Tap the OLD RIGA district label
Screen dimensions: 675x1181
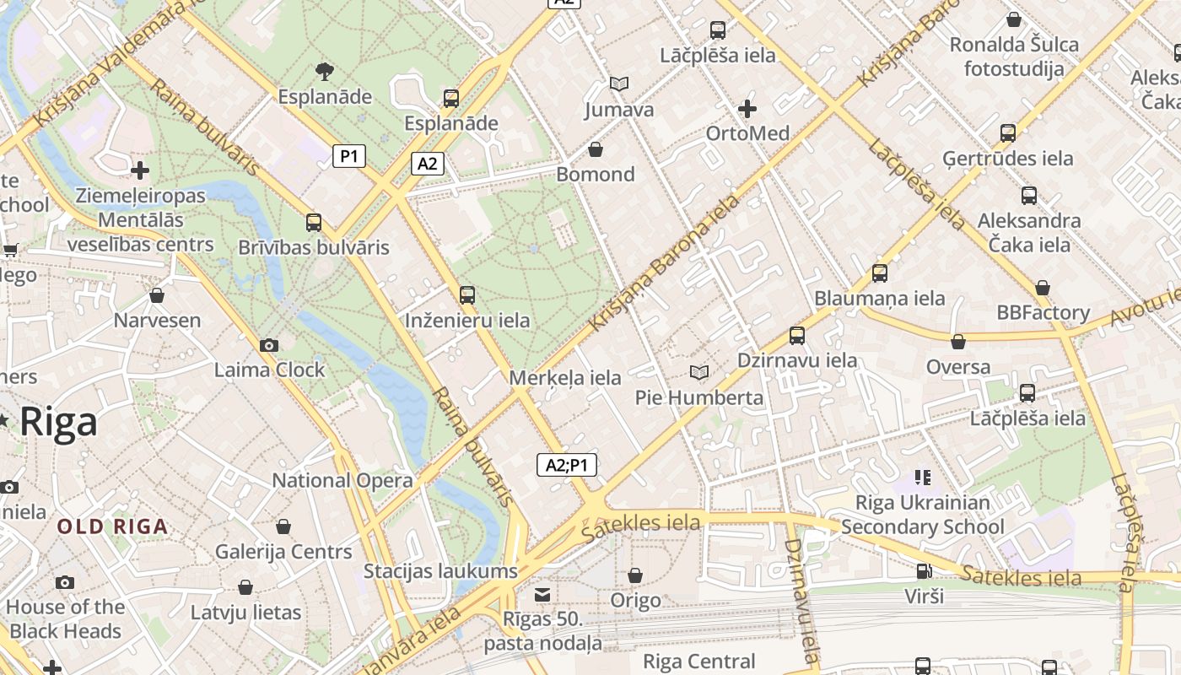click(x=112, y=527)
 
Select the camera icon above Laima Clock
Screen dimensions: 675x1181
click(x=269, y=345)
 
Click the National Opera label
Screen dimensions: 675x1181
click(x=342, y=481)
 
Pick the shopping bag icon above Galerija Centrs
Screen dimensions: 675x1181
click(x=283, y=526)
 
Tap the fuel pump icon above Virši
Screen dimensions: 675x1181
click(x=924, y=571)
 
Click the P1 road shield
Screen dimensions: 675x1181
click(x=349, y=155)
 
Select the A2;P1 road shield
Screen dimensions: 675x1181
click(x=567, y=465)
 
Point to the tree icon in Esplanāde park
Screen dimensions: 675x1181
click(x=324, y=72)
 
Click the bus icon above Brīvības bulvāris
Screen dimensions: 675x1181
click(x=314, y=223)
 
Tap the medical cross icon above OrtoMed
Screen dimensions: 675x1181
click(x=747, y=109)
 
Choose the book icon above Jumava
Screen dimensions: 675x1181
click(x=619, y=84)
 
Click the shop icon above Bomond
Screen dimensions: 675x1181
click(x=596, y=149)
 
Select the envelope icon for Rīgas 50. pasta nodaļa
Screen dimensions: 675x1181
click(x=542, y=595)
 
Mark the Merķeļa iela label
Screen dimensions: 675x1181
click(x=565, y=378)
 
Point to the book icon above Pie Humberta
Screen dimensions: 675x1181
click(x=698, y=372)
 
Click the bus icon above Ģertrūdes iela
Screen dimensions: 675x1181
click(x=1007, y=133)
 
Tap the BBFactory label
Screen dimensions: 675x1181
click(x=1043, y=313)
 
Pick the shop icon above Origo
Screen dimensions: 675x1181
click(x=635, y=575)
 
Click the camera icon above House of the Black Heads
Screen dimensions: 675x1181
click(x=65, y=582)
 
